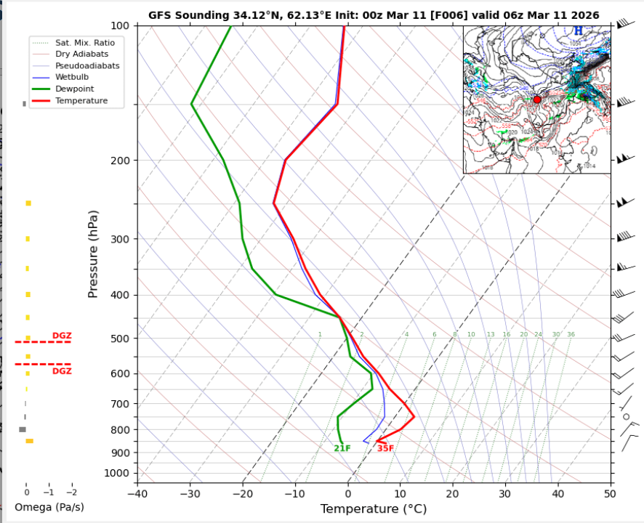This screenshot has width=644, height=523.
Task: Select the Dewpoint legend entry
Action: point(71,89)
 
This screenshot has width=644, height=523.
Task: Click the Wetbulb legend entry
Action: point(71,77)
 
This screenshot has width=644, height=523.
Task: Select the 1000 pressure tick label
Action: point(116,474)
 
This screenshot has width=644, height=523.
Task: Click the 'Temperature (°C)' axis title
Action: point(373,509)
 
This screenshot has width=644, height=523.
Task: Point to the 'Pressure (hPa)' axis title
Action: point(93,254)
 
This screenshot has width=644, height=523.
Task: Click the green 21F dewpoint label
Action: point(342,448)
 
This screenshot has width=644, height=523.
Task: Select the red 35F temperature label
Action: point(385,448)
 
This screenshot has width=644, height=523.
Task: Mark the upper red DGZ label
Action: point(62,336)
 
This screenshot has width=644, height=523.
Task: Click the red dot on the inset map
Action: point(537,100)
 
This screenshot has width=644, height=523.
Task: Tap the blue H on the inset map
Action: point(579,31)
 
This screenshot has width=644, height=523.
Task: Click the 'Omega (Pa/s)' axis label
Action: point(49,506)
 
